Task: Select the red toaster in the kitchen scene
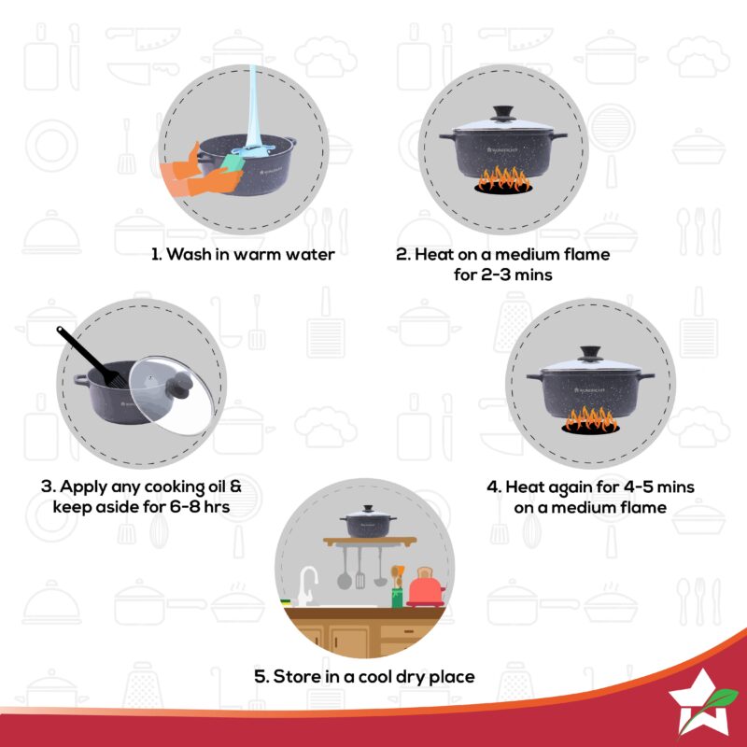[x=425, y=588]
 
